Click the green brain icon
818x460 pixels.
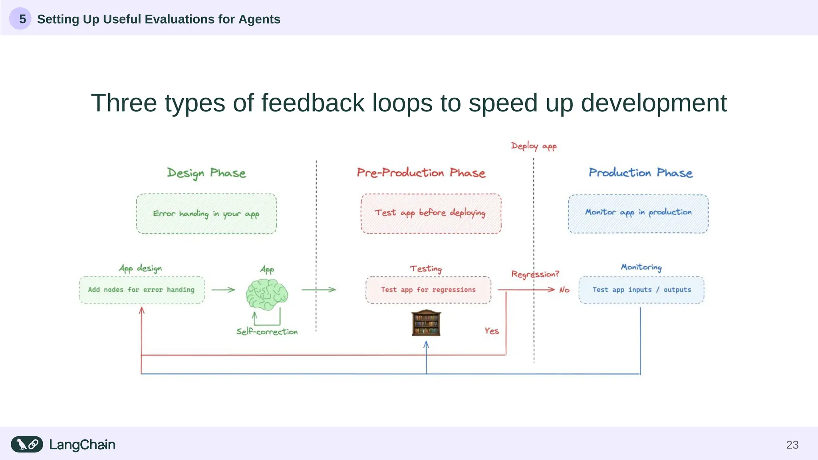[x=266, y=295]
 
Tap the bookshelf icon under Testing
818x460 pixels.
[x=426, y=323]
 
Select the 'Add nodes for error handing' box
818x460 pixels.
[x=142, y=290]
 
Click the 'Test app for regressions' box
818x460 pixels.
[x=428, y=290]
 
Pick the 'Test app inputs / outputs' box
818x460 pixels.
[x=641, y=290]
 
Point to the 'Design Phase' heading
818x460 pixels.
[x=206, y=173]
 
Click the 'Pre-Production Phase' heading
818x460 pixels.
[x=421, y=172]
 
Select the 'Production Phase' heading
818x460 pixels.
[x=641, y=172]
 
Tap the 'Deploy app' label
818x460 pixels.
[x=534, y=146]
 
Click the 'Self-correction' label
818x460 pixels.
[x=267, y=332]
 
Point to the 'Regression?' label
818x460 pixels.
[x=535, y=274]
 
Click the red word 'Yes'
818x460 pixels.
[x=492, y=331]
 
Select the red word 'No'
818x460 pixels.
[x=564, y=290]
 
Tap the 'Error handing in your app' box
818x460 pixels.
[x=206, y=214]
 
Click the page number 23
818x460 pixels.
[x=792, y=445]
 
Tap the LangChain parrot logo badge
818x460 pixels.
[x=27, y=444]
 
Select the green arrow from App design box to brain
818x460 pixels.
[x=223, y=290]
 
